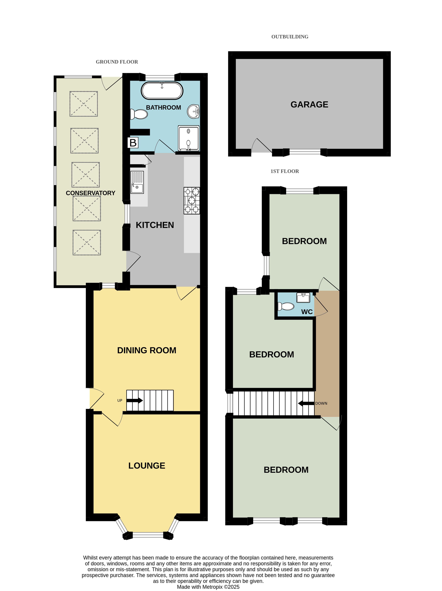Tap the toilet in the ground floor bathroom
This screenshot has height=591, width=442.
139,114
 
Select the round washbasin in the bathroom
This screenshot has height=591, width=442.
193,111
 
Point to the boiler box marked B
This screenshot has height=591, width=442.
133,143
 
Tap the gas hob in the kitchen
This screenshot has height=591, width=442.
192,201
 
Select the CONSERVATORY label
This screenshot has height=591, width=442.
91,193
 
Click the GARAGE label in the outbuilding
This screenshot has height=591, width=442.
309,105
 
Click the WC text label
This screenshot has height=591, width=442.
307,312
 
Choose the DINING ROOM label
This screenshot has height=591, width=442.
147,350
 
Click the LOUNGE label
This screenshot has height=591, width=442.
147,466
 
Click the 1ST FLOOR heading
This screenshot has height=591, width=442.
285,171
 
